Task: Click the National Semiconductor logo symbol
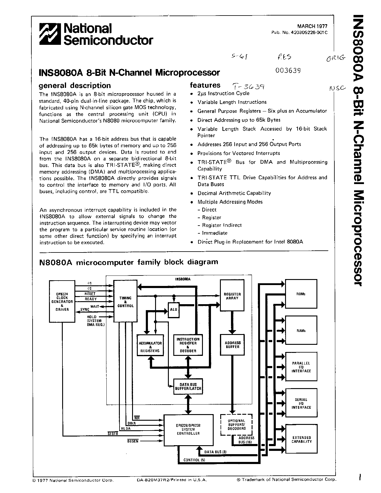click(50, 34)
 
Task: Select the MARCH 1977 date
click(312, 26)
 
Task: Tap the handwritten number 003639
click(288, 71)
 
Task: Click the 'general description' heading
click(75, 85)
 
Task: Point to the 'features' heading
click(205, 85)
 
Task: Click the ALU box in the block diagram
click(174, 309)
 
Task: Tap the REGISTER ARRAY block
click(232, 296)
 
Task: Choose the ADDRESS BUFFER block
click(232, 345)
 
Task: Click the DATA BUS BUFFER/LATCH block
click(188, 386)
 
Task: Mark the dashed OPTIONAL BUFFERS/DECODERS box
click(236, 424)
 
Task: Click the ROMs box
click(301, 294)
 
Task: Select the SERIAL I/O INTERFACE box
click(301, 403)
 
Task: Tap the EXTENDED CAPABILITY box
click(301, 440)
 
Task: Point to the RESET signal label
click(90, 294)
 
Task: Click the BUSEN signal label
click(133, 441)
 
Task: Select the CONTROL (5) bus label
click(194, 460)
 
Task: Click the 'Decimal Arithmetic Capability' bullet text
click(234, 193)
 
